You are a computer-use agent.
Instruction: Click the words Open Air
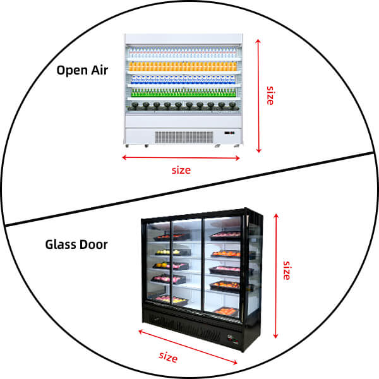point(82,70)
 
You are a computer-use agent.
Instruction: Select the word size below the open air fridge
point(181,169)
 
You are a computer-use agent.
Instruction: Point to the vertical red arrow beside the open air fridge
point(258,95)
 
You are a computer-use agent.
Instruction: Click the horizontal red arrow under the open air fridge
point(181,157)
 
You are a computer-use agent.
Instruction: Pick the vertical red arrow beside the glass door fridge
point(275,274)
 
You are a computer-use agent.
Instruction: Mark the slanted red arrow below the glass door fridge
point(188,346)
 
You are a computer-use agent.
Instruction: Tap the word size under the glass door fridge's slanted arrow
point(168,357)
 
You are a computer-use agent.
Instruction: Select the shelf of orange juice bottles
point(183,64)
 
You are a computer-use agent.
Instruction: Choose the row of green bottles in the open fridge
point(183,92)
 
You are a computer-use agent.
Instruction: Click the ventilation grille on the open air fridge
point(184,136)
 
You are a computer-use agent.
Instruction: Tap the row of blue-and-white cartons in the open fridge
point(183,78)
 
